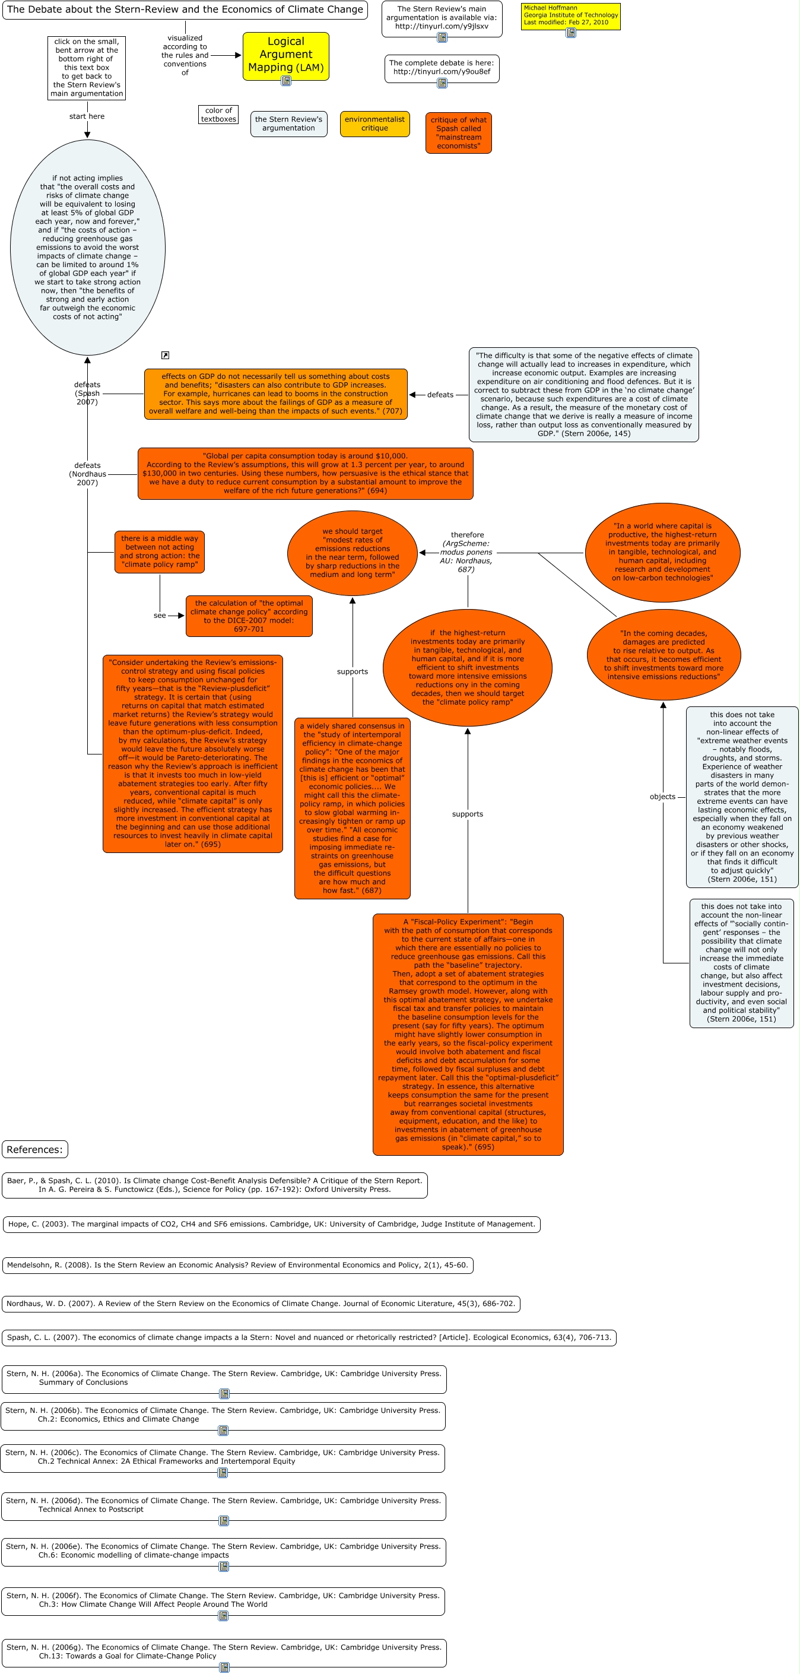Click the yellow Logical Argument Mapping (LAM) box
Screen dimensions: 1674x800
(285, 55)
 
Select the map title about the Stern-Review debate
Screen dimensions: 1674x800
(185, 9)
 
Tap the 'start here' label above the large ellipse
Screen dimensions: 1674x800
(87, 116)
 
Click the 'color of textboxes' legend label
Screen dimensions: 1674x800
(218, 115)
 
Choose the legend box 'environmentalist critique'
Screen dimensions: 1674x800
(374, 123)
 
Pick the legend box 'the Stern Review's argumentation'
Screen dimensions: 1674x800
(288, 123)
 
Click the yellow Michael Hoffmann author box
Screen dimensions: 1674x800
(570, 15)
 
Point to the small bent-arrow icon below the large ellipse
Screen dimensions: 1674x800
(165, 356)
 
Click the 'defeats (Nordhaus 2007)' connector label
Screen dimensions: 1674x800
(88, 474)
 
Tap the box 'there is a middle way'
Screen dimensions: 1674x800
(160, 551)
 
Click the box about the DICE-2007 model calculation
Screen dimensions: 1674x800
(249, 616)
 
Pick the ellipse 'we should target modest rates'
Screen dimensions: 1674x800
(353, 553)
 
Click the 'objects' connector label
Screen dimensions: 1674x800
(662, 797)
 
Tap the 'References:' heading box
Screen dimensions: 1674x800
(35, 1150)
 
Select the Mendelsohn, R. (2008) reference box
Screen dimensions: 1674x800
(237, 1265)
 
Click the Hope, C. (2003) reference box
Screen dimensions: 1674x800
(271, 1224)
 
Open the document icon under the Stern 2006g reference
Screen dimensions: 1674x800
(224, 1667)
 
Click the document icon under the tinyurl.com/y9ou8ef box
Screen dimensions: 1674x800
(442, 83)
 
